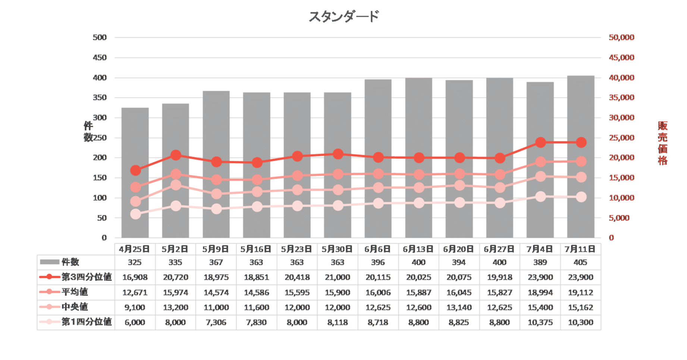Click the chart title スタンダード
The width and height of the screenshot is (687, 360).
point(343,17)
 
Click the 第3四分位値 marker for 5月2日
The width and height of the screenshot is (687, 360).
point(176,155)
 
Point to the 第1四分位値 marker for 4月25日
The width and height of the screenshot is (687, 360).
point(135,214)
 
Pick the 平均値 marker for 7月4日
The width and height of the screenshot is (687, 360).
point(540,162)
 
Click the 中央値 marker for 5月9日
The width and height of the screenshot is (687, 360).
point(216,194)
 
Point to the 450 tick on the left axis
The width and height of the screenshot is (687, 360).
point(100,57)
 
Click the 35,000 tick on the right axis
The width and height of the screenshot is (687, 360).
point(621,97)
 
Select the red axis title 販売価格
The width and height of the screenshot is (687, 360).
point(662,143)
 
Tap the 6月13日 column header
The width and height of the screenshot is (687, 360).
point(418,249)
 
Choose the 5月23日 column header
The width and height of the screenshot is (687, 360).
point(297,249)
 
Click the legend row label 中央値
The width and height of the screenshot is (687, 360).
point(75,307)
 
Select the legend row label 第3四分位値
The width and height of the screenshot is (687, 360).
point(87,277)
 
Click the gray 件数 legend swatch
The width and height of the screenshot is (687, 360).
point(49,262)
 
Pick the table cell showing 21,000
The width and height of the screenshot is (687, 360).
point(338,278)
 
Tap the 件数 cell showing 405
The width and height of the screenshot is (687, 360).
point(580,262)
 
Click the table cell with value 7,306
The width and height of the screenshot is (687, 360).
point(216,322)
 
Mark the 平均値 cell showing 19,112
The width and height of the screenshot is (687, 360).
point(580,292)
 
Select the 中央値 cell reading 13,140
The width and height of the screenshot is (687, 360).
point(459,307)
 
